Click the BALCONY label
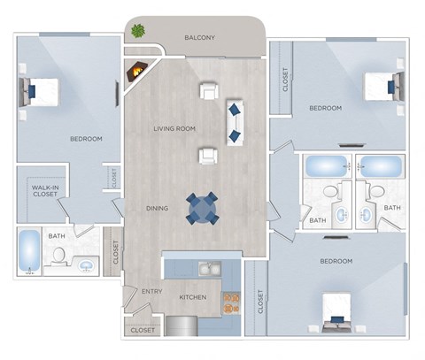[199, 38]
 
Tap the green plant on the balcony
[138, 31]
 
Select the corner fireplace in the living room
[138, 70]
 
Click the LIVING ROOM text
[174, 129]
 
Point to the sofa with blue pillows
[235, 122]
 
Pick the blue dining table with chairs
[202, 209]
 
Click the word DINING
[158, 209]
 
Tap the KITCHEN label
[193, 297]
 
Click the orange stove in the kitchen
[231, 303]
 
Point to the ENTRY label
[151, 291]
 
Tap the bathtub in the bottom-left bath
[27, 252]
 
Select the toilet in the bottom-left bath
[59, 255]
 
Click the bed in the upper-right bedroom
[384, 86]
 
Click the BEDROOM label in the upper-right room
[325, 109]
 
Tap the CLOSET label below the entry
[143, 330]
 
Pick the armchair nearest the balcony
[210, 90]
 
